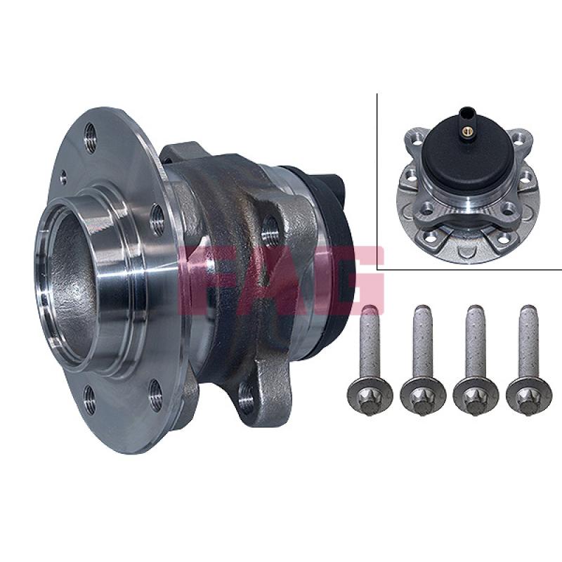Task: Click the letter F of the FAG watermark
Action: [x=201, y=280]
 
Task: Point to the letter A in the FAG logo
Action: [x=282, y=280]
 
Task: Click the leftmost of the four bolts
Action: [x=370, y=361]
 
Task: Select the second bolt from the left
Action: [x=423, y=361]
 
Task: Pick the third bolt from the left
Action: [x=476, y=361]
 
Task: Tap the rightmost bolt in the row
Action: [x=528, y=361]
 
